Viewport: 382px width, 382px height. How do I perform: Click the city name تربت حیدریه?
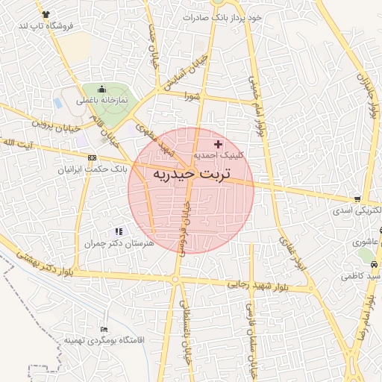tap(191, 174)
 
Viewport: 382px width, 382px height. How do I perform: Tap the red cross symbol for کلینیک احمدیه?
tap(218, 143)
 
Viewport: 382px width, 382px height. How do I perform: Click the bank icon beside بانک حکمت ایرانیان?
tap(92, 157)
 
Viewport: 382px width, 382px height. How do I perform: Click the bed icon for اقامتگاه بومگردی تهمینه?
tap(104, 329)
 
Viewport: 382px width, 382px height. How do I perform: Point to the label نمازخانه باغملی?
tap(99, 100)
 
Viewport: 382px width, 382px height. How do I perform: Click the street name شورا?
tap(192, 95)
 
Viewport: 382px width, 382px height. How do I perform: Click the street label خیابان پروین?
tap(53, 124)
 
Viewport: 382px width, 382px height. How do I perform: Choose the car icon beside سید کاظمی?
tap(375, 266)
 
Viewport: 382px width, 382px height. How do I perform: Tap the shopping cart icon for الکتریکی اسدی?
tap(358, 199)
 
